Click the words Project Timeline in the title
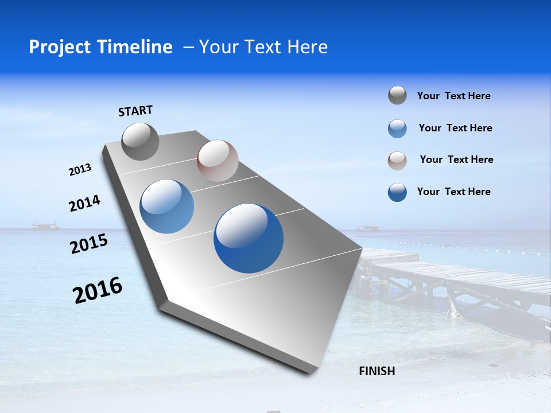coord(100,47)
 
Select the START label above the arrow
coord(135,111)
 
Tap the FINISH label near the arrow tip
coord(377,371)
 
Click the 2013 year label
coord(80,170)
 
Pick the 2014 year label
coord(84,204)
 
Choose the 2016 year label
coord(98,290)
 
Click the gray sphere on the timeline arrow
coord(140,142)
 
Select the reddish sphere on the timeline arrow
coord(218,161)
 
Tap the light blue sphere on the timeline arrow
coord(167,206)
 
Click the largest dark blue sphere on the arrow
coord(249,238)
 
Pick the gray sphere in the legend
coord(397,95)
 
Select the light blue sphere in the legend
coord(397,128)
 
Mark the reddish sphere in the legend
coord(397,160)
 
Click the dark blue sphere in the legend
coord(397,192)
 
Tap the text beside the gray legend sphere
coord(453,96)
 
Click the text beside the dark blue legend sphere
coord(453,192)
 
